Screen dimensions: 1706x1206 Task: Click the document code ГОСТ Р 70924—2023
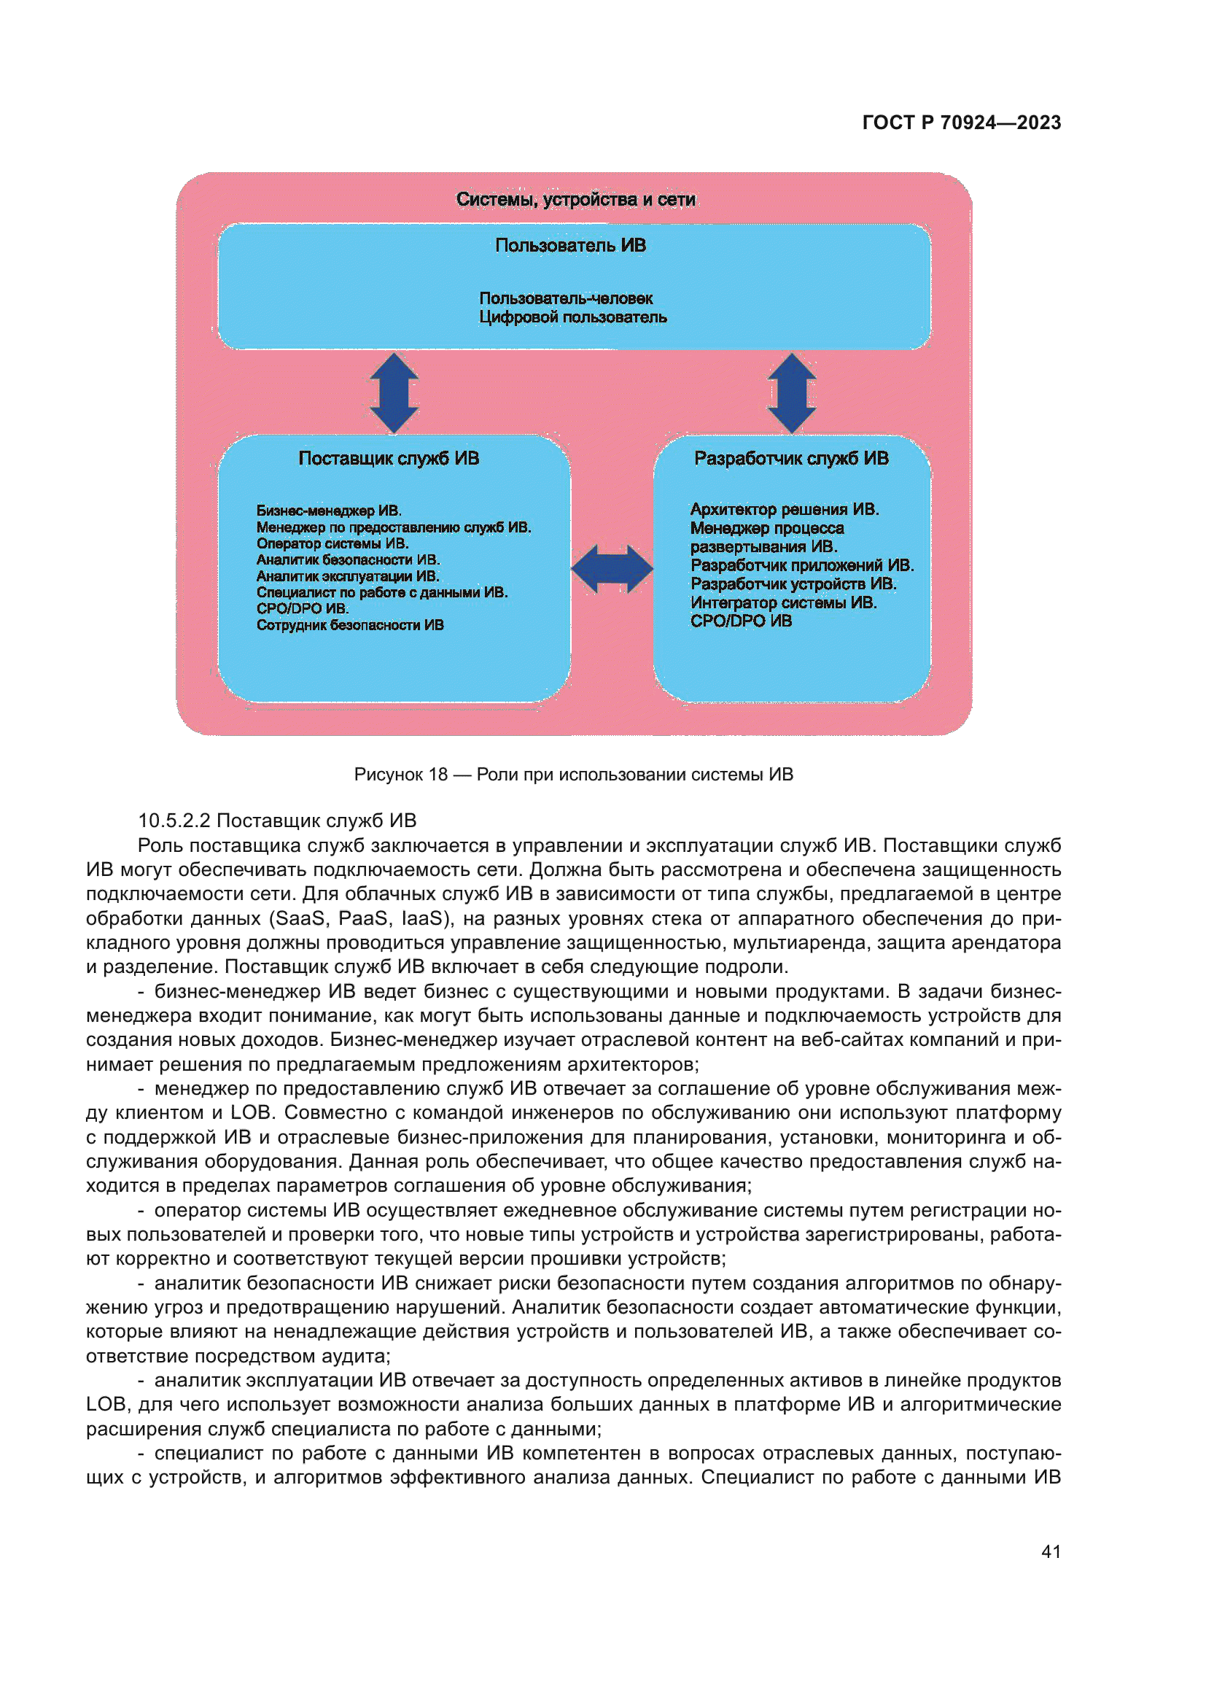(961, 123)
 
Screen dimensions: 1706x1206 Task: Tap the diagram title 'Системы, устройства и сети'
(575, 199)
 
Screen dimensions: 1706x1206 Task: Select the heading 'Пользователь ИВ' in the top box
(570, 245)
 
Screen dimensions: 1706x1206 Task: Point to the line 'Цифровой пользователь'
(572, 317)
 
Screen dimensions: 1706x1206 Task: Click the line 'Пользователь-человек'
(566, 298)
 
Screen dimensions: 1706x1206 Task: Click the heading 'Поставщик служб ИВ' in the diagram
(389, 458)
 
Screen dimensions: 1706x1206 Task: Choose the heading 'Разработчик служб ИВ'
(791, 458)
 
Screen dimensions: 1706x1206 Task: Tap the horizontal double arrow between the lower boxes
(612, 569)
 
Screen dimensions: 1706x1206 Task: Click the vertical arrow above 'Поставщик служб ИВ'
(394, 392)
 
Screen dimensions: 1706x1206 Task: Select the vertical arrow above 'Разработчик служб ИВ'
(792, 392)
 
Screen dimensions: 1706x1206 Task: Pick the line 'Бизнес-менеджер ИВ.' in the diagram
(329, 511)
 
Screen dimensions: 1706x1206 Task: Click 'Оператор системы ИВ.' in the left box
(332, 543)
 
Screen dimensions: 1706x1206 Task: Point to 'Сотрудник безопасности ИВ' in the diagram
(350, 625)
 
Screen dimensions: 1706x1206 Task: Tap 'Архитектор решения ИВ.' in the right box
(785, 509)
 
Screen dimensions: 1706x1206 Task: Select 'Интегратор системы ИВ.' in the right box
(783, 602)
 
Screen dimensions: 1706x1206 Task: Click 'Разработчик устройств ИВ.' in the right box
(793, 584)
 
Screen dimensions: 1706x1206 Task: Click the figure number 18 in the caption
(438, 775)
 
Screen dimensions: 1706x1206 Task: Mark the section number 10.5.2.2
(174, 821)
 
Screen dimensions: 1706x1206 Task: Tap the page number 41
(1051, 1551)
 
